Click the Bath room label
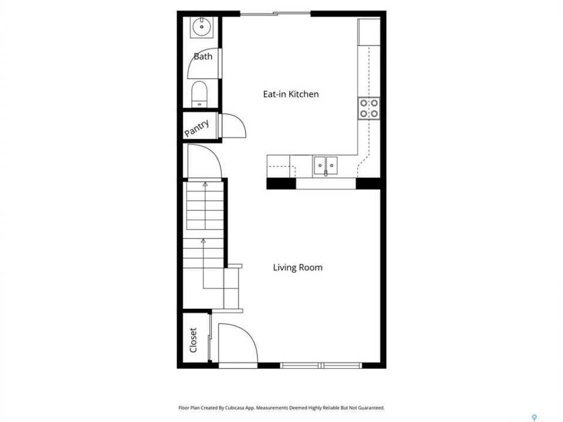[203, 56]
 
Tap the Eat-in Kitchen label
[291, 94]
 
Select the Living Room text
[298, 267]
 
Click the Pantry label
[197, 128]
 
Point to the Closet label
[193, 340]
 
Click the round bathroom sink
[202, 27]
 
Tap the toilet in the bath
[199, 94]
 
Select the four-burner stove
[369, 108]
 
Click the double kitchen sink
[325, 165]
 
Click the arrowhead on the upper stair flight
[205, 185]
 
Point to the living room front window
[321, 366]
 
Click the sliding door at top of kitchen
[276, 14]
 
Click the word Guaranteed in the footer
[371, 408]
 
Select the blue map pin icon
[534, 417]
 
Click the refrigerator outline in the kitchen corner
[369, 32]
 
